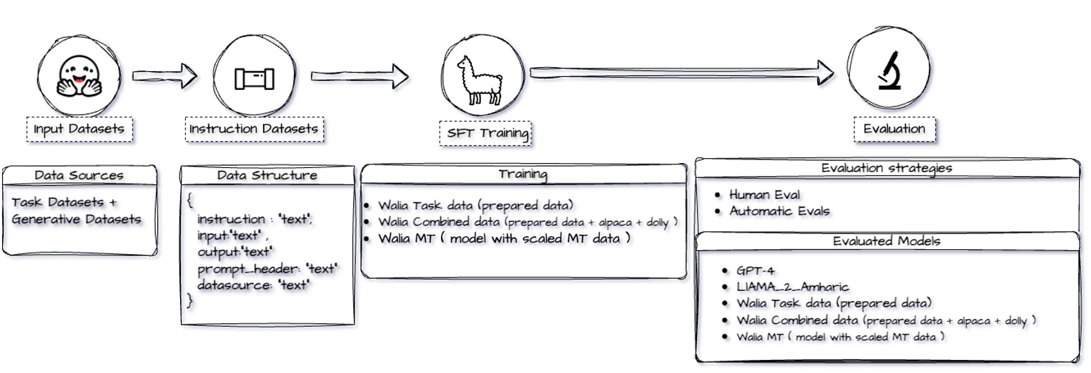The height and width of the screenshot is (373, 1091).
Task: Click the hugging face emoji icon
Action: [78, 76]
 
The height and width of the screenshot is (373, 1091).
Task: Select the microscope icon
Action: [889, 70]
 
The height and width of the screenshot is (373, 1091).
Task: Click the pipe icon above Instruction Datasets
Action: [254, 78]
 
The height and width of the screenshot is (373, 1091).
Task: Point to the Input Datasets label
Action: [79, 129]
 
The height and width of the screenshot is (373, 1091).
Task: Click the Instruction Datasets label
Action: [254, 129]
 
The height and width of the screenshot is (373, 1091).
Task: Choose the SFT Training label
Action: [486, 133]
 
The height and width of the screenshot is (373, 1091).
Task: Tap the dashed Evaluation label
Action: [894, 129]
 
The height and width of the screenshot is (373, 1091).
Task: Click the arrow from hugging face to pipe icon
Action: [164, 75]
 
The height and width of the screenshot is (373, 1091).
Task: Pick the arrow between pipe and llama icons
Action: [359, 75]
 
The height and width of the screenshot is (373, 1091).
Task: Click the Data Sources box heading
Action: [79, 175]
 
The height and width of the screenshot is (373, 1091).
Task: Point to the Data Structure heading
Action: [267, 175]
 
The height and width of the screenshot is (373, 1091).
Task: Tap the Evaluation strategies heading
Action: [887, 168]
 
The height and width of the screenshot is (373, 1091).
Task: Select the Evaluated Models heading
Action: [887, 241]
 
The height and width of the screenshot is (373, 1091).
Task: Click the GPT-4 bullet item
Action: [755, 271]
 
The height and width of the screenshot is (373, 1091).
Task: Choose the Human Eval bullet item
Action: [765, 195]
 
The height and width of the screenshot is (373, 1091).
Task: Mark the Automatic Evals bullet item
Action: [779, 211]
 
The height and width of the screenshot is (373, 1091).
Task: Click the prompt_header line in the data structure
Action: [267, 269]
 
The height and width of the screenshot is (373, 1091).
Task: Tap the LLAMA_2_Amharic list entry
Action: [792, 287]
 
